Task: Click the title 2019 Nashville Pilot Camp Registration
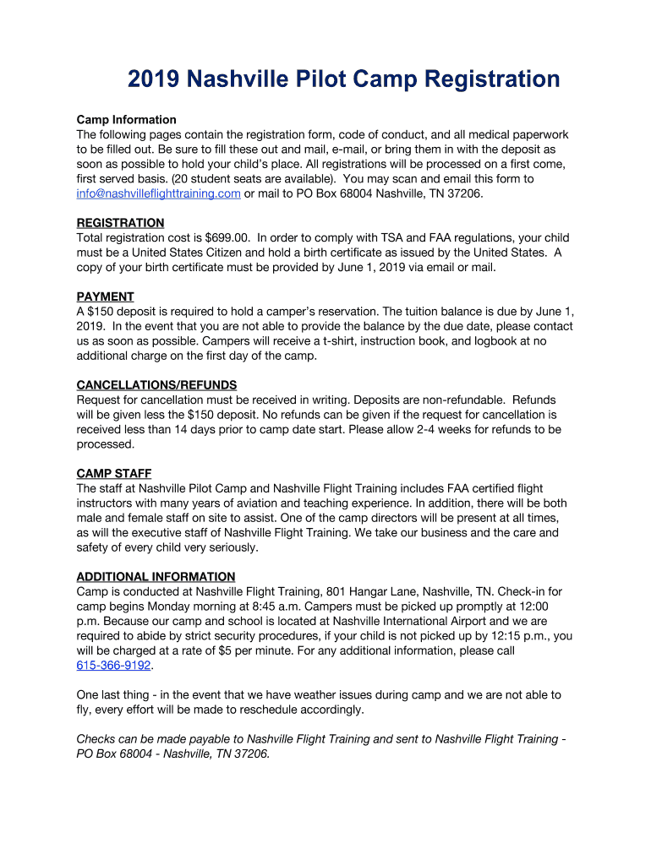[x=343, y=79]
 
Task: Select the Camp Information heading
[x=126, y=120]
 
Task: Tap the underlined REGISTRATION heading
[x=120, y=223]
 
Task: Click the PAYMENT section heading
[x=105, y=296]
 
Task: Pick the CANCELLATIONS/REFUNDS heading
[x=156, y=385]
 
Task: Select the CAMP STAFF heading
[x=114, y=473]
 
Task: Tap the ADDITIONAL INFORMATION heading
[x=156, y=577]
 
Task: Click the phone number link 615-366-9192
[x=113, y=666]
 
